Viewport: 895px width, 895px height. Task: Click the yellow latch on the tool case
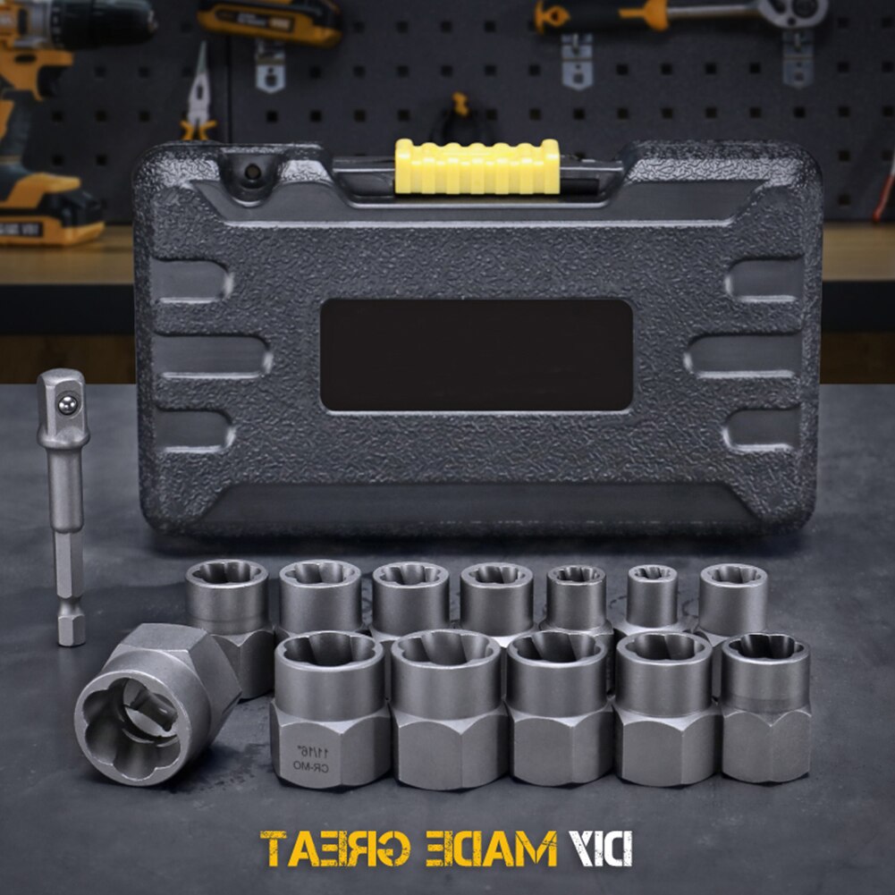coord(477,166)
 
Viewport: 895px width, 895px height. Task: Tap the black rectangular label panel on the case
coord(476,355)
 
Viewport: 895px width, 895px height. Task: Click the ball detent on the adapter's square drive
coord(65,404)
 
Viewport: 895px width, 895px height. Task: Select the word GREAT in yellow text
coord(335,848)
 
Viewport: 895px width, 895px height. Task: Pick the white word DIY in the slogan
coord(600,848)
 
